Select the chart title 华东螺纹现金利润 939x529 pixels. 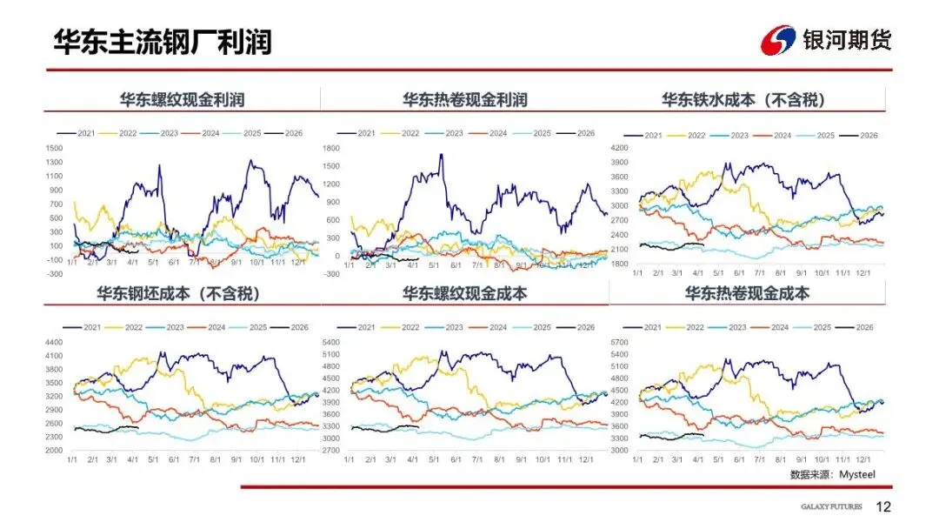182,100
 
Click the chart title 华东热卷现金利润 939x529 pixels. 464,100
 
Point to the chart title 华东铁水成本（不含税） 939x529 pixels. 743,100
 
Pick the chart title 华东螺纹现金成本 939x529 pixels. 464,293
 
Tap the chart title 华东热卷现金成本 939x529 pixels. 747,293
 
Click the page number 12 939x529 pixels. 883,506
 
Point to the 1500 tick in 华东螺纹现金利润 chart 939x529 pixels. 55,148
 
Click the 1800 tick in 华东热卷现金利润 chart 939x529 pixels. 331,148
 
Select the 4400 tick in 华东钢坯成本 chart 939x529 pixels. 55,342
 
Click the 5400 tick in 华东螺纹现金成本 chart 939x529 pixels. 331,342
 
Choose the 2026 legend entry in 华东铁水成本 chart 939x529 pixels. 869,136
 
